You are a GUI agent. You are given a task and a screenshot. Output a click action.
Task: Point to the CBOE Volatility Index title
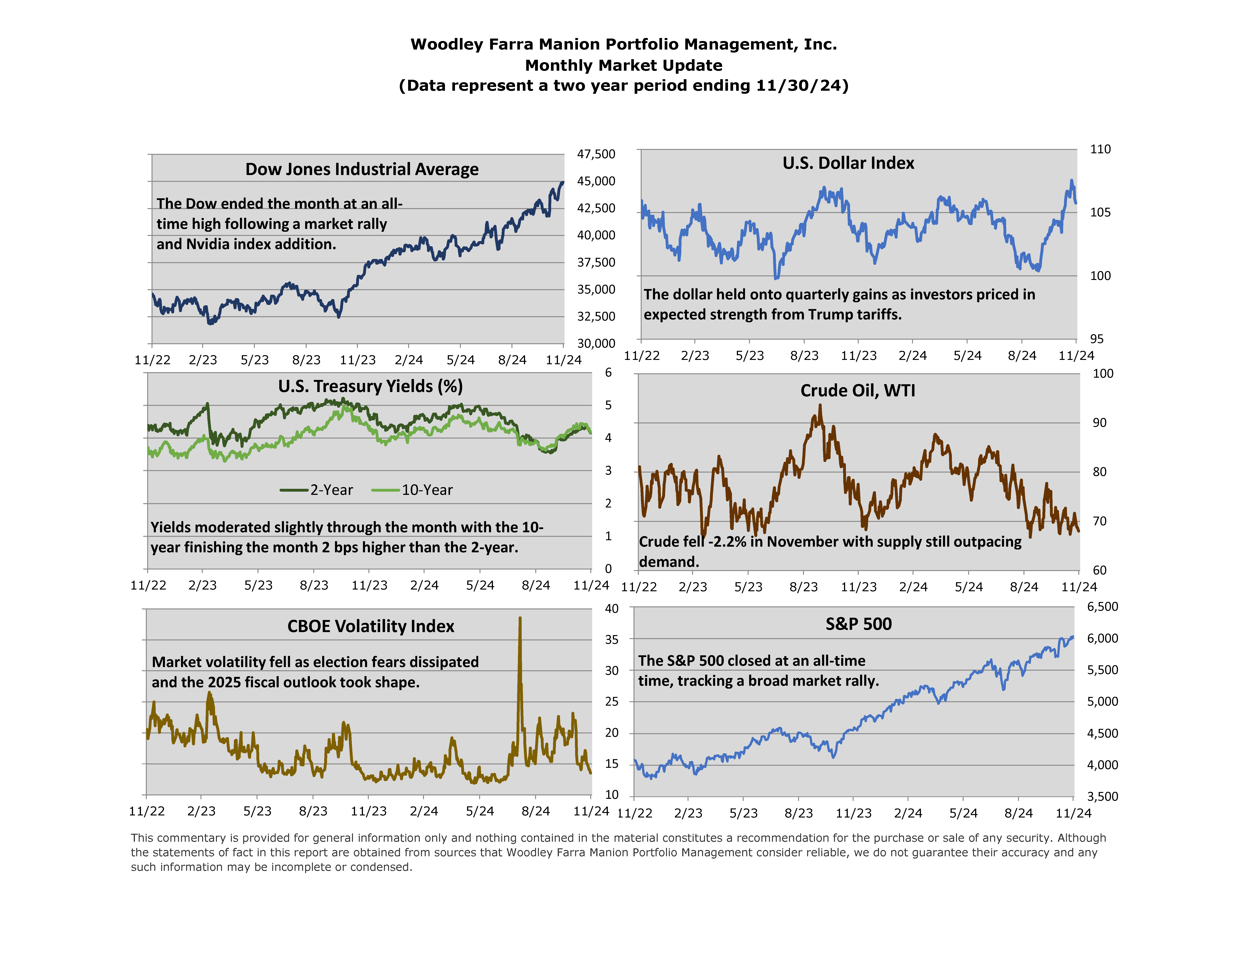[371, 626]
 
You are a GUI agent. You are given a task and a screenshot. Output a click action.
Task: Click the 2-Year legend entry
[317, 490]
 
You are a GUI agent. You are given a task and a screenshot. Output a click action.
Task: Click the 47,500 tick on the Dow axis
[596, 154]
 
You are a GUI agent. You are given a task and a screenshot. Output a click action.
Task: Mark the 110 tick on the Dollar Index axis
[1100, 150]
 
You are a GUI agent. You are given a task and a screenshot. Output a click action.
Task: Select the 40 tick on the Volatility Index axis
[612, 609]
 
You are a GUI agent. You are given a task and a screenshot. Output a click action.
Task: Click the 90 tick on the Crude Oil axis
[1099, 423]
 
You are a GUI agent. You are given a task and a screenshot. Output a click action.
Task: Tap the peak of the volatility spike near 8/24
[520, 618]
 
